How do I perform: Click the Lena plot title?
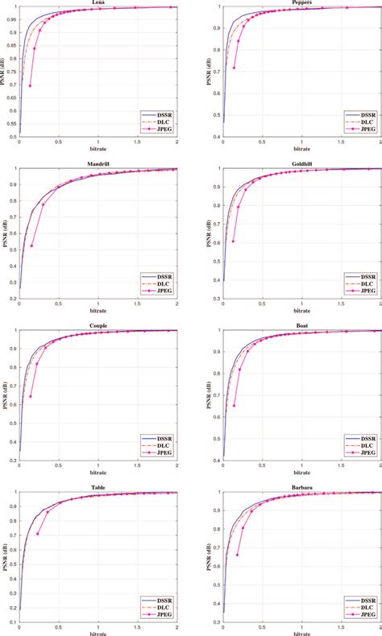tap(98, 2)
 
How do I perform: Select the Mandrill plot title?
tap(98, 164)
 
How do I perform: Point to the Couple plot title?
tap(98, 326)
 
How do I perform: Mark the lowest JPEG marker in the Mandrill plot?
tap(31, 246)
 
